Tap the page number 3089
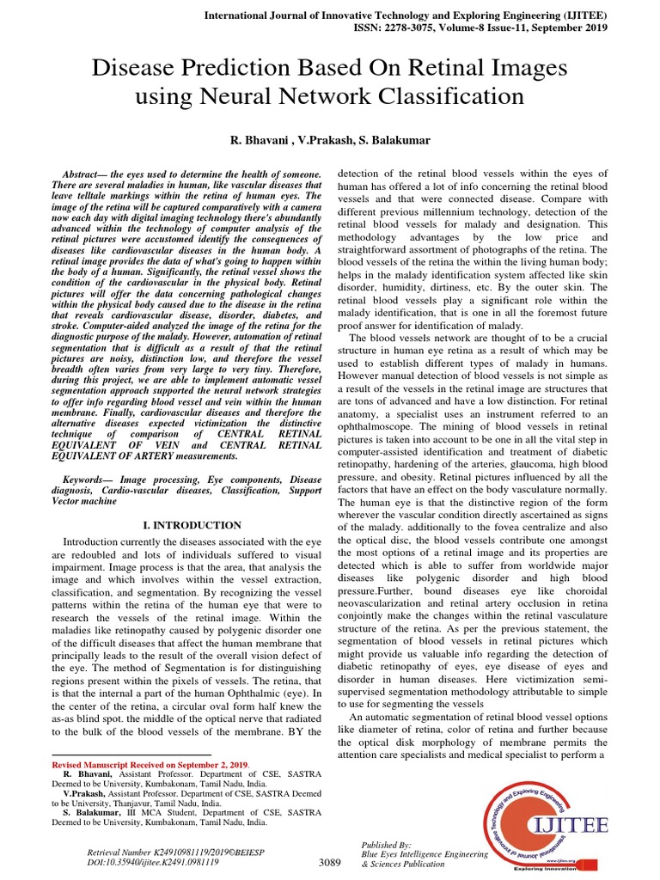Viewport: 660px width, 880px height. click(x=330, y=862)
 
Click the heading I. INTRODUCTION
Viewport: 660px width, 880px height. click(x=191, y=525)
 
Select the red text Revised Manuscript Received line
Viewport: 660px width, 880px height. click(x=150, y=764)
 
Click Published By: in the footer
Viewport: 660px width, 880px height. click(x=387, y=845)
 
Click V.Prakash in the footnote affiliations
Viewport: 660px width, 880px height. click(x=73, y=794)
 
